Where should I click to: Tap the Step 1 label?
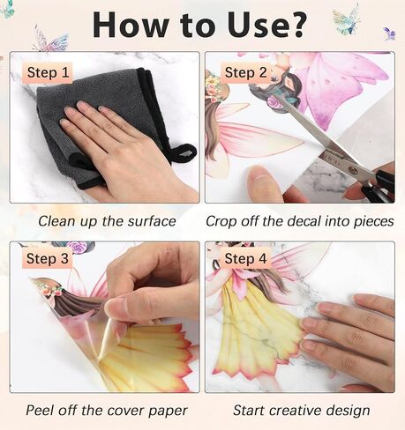48,72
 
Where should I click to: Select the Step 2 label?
245,72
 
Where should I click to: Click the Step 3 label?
48,258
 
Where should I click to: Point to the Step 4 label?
245,258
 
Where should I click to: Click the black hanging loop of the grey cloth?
184,152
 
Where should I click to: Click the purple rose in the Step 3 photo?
77,248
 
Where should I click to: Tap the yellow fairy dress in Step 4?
259,329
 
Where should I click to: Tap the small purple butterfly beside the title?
390,33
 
